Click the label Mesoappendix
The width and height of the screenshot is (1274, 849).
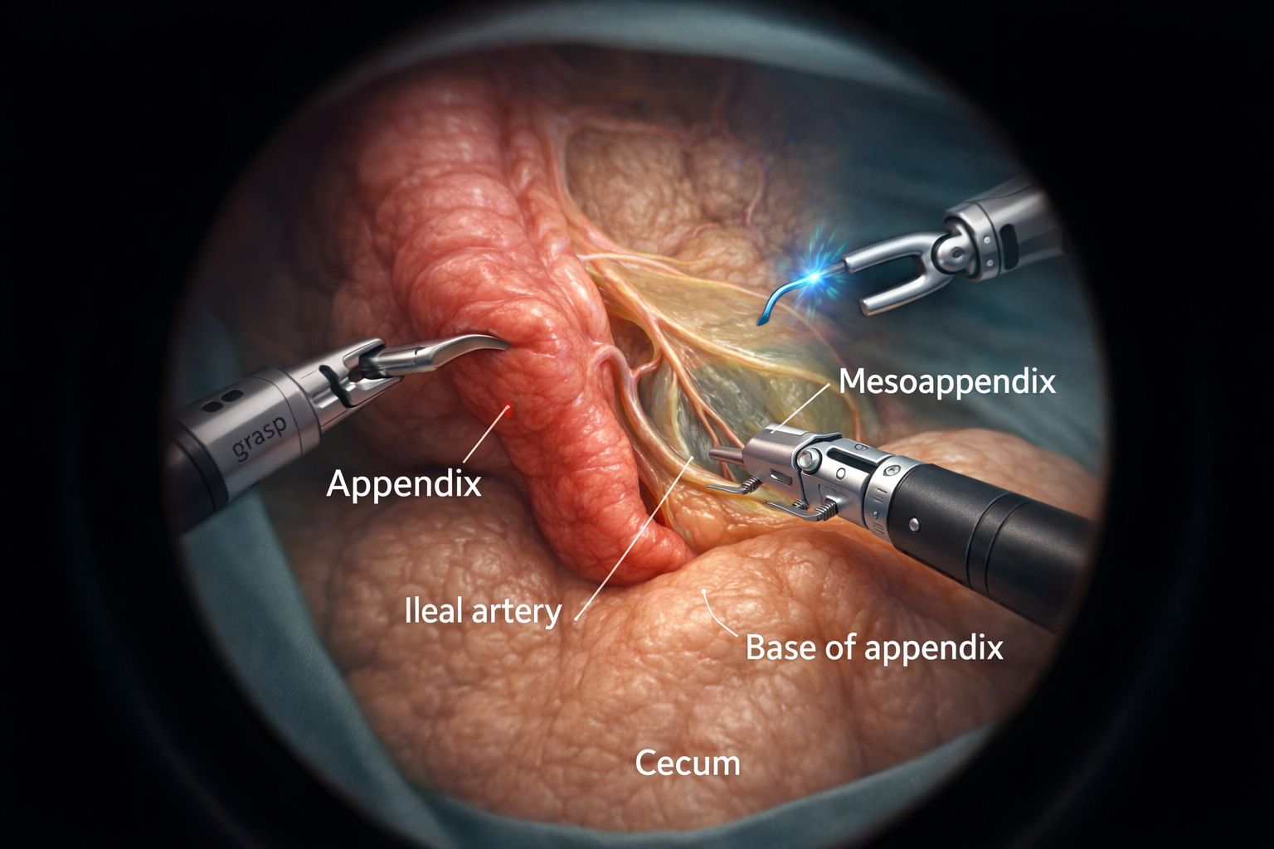947,382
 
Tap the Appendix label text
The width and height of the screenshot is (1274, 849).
404,484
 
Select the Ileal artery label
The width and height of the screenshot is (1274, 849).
484,613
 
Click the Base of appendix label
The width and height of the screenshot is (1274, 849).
874,648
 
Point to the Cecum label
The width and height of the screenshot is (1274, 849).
688,763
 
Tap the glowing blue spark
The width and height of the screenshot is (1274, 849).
817,276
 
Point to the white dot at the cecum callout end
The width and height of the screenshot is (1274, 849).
705,591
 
